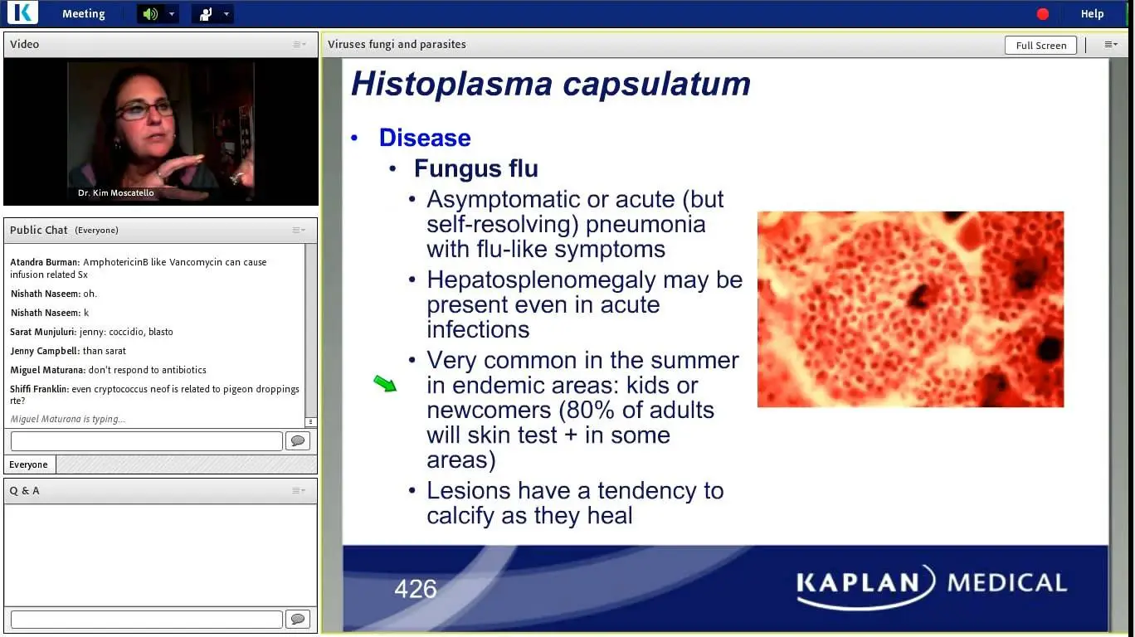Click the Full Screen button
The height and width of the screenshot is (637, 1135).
tap(1040, 45)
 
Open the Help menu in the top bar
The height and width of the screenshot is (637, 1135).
tap(1092, 13)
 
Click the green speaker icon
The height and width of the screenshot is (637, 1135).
tap(150, 13)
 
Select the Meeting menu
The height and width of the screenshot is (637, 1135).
tap(84, 13)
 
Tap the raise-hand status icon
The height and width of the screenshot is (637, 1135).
tap(206, 14)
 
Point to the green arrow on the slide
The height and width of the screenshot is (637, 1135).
tap(385, 383)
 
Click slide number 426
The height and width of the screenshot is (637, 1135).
tap(416, 589)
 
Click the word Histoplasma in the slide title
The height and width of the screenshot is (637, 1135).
tap(451, 84)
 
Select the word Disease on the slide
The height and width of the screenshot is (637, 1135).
tap(425, 138)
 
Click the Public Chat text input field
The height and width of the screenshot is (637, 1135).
tap(146, 441)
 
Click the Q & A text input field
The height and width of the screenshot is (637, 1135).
tap(146, 620)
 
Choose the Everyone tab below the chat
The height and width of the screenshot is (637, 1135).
tap(29, 464)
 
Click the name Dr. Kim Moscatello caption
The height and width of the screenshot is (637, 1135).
tap(115, 193)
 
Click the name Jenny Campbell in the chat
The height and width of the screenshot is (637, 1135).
tap(44, 351)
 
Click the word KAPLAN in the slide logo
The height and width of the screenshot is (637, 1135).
tap(859, 583)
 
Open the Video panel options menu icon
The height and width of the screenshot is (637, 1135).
tap(300, 45)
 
